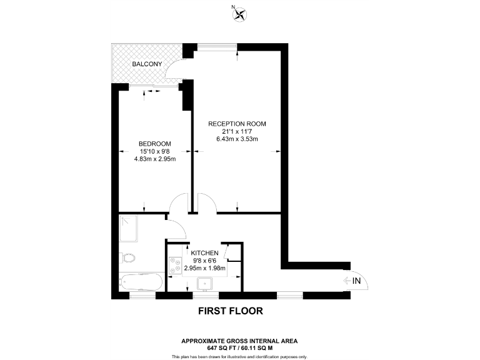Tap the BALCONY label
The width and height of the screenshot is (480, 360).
147,64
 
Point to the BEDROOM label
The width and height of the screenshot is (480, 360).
155,144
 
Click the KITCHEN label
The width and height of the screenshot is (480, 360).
204,253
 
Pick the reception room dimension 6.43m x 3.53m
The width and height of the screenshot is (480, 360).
237,139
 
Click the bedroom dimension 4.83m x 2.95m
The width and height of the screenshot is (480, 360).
155,159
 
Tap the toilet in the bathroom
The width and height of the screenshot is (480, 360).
128,258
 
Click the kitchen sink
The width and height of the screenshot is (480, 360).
204,284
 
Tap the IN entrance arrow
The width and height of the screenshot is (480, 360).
353,281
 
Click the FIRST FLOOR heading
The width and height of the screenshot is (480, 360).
230,311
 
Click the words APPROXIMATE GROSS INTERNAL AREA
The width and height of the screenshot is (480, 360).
239,340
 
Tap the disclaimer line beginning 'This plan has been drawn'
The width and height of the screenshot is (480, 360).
239,356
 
